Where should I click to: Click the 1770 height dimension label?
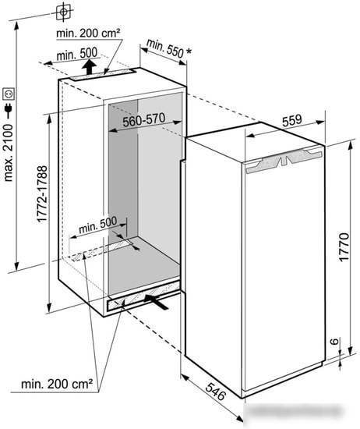(x=344, y=247)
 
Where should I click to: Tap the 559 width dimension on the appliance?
(x=292, y=120)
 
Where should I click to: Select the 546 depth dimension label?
(x=216, y=392)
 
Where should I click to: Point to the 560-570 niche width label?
(x=144, y=120)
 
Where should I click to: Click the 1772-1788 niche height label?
(x=42, y=193)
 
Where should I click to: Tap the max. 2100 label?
(x=9, y=153)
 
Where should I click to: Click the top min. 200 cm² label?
(x=88, y=34)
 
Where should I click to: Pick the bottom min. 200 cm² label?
(x=57, y=384)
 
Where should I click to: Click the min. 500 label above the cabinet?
(x=77, y=54)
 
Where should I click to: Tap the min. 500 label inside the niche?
(x=98, y=225)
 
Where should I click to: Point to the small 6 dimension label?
(x=334, y=341)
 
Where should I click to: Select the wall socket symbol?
(x=9, y=94)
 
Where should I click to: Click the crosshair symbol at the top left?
(x=63, y=12)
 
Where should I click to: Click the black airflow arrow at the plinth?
(x=156, y=301)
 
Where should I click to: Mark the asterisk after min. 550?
(x=189, y=51)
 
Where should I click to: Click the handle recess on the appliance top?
(x=284, y=160)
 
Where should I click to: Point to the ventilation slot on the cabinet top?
(x=103, y=74)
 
